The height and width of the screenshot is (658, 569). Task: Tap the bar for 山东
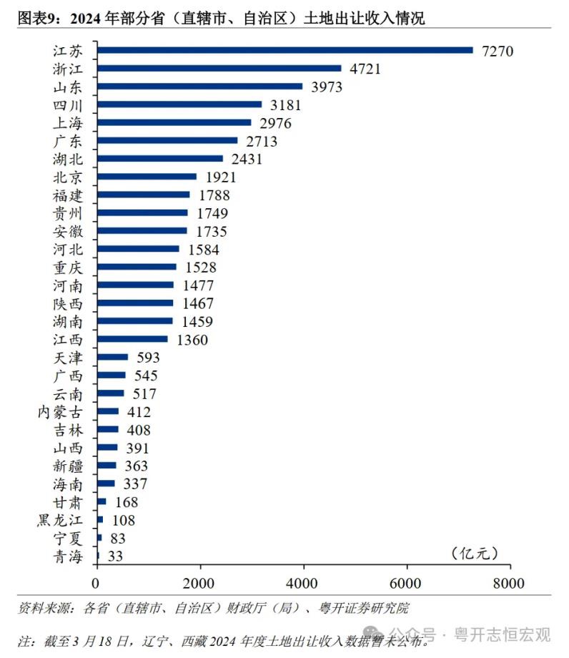point(199,87)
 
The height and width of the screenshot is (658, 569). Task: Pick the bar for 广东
point(167,141)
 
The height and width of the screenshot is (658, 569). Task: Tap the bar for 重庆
point(136,267)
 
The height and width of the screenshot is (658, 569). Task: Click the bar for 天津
point(112,357)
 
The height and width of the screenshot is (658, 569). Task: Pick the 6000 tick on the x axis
point(407,583)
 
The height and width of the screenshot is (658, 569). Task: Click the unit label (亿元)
point(472,553)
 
